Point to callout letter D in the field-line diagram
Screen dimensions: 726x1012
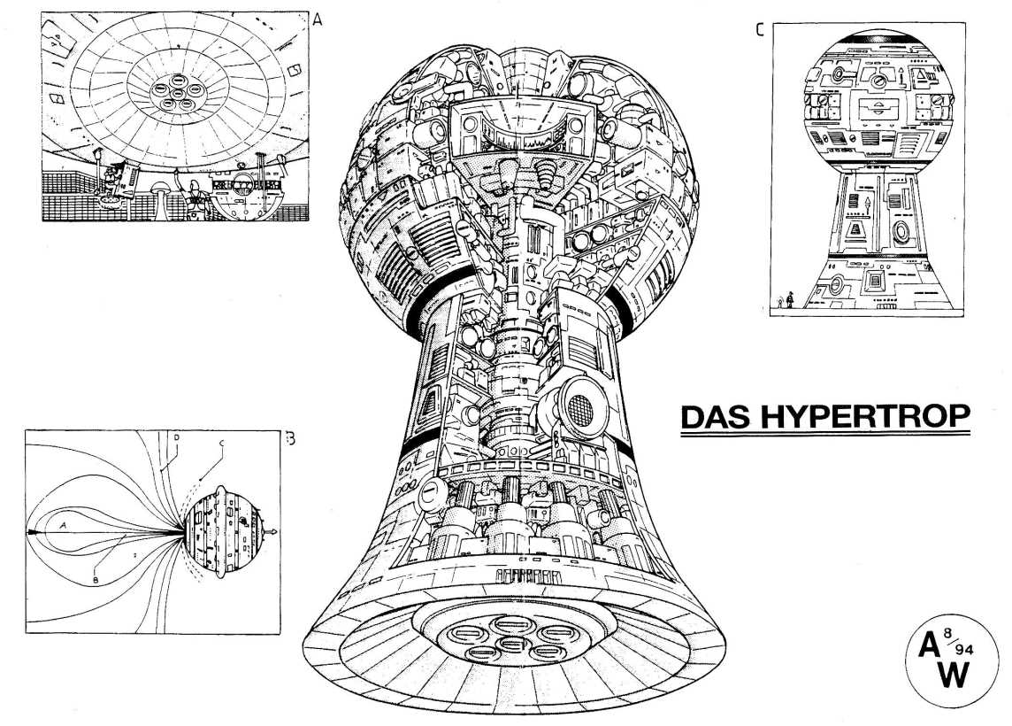tap(178, 437)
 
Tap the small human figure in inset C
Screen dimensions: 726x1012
tap(790, 302)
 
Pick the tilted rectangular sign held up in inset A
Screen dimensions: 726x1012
tap(126, 167)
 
